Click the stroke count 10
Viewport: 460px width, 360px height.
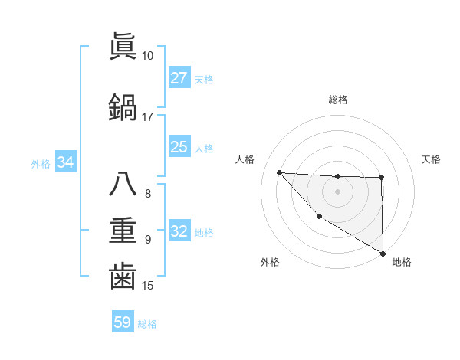click(147, 56)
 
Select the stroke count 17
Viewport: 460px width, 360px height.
click(147, 117)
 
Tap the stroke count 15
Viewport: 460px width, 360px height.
click(147, 286)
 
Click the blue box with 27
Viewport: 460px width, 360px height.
click(179, 78)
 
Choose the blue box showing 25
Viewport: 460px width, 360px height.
click(179, 147)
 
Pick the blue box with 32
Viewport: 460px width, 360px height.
click(179, 232)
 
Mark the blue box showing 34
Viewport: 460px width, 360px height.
click(65, 162)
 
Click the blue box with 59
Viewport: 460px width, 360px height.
click(123, 322)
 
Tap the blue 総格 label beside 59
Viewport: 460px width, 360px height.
click(147, 324)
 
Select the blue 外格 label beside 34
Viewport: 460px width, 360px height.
click(41, 163)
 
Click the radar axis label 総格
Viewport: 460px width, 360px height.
click(337, 100)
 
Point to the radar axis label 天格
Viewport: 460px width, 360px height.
click(432, 159)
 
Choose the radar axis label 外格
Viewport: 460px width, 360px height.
click(270, 263)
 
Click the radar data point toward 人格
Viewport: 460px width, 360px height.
click(279, 172)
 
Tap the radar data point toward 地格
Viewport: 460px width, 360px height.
click(383, 254)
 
